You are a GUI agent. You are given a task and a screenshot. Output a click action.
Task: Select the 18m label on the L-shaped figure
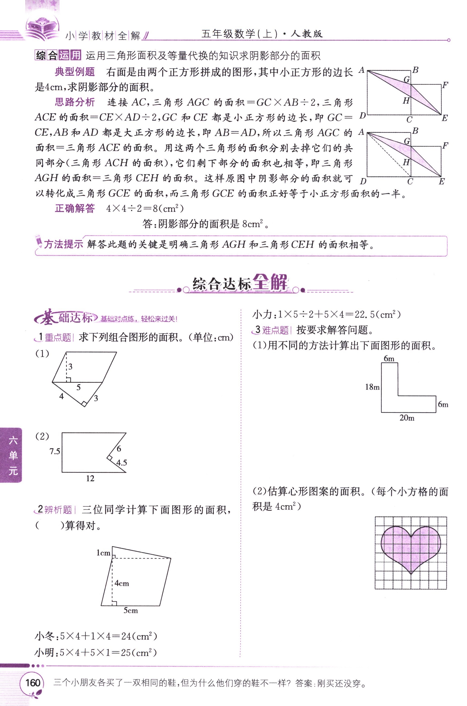372,387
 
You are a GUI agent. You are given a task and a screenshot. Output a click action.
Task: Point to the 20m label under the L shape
407,418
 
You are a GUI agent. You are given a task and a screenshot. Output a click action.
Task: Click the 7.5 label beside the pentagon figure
55,451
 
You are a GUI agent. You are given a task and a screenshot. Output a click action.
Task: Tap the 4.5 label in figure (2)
122,463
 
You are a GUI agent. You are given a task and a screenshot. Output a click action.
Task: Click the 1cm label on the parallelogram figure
103,553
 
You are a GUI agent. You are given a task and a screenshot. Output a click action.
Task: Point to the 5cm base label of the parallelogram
131,610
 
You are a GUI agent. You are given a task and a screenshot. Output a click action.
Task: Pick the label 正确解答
75,208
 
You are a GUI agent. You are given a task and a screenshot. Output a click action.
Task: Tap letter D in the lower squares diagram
363,181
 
